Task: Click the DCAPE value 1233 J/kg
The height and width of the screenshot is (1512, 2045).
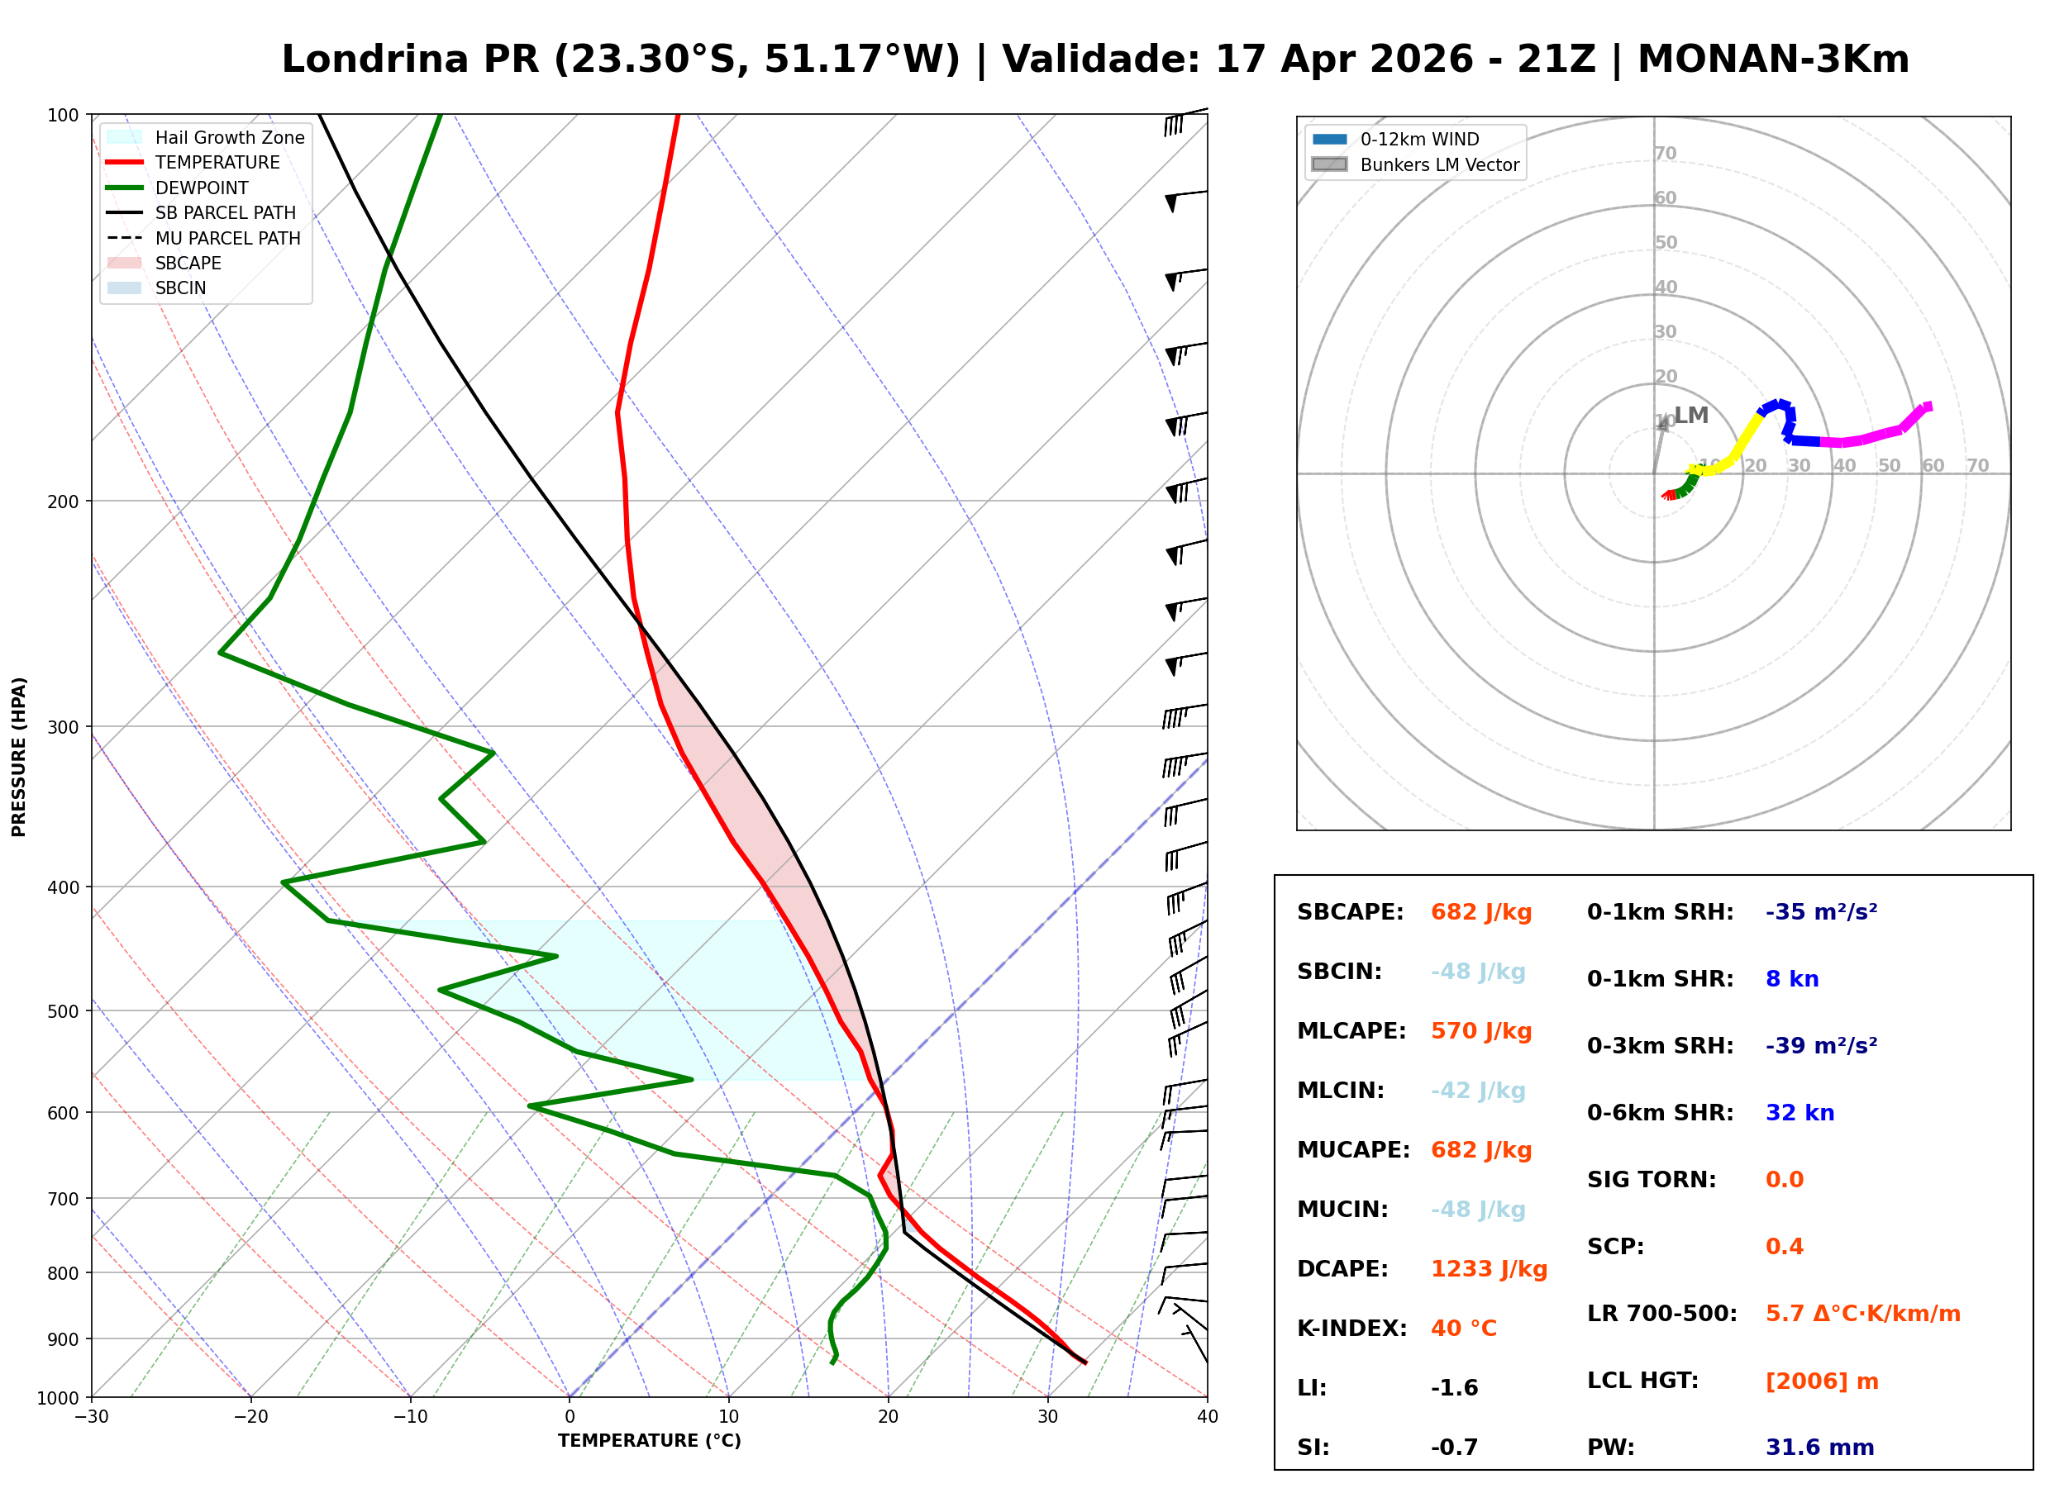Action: [1488, 1268]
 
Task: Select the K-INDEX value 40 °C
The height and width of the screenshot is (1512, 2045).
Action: [1463, 1328]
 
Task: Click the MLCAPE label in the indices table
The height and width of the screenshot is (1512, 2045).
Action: [1350, 1030]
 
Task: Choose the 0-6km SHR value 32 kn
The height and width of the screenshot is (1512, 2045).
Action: [1799, 1112]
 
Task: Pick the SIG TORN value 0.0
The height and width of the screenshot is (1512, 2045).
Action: [1783, 1179]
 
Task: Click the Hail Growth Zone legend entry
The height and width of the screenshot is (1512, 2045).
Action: [229, 137]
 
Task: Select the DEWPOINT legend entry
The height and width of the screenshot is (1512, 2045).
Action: [202, 188]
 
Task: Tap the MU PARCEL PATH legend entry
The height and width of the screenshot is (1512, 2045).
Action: [227, 238]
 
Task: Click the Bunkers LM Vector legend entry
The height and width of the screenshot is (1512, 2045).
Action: [1438, 164]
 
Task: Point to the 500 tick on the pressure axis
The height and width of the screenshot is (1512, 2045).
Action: [62, 1011]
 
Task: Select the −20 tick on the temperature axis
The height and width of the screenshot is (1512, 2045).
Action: [250, 1417]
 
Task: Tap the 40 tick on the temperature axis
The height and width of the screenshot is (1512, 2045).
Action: [1207, 1417]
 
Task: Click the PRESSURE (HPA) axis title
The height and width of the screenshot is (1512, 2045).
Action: [19, 756]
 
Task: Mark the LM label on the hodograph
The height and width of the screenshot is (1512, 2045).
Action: [1690, 416]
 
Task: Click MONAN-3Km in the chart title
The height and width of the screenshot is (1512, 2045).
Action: [1772, 59]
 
